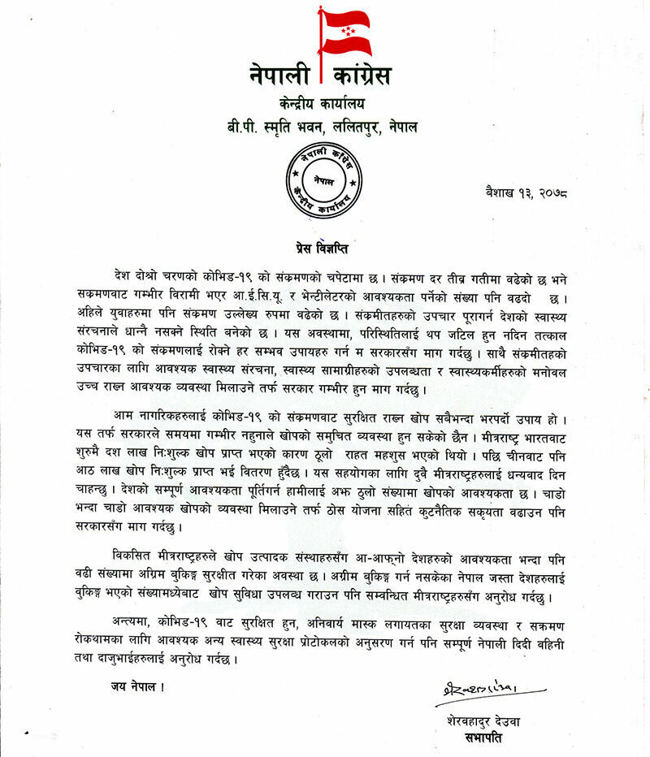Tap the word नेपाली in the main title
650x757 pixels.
pos(281,76)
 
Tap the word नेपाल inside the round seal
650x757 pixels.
pos(324,180)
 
